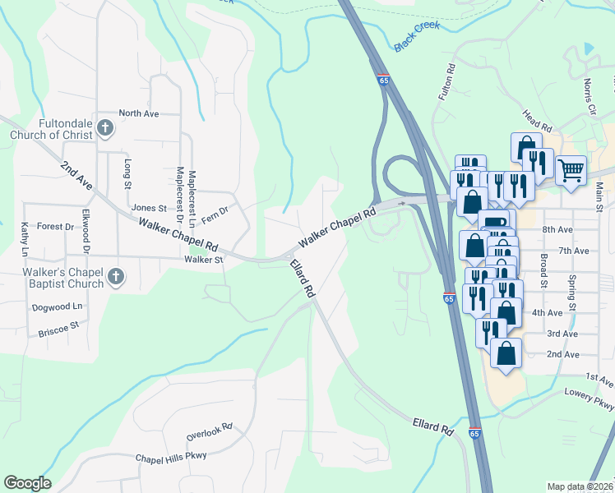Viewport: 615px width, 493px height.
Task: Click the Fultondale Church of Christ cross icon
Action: pyautogui.click(x=104, y=127)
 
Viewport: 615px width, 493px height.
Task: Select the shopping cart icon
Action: pyautogui.click(x=571, y=171)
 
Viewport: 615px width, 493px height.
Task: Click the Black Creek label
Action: pyautogui.click(x=417, y=37)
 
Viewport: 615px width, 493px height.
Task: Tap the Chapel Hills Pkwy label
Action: pyautogui.click(x=171, y=457)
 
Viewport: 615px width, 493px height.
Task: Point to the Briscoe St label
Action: pyautogui.click(x=58, y=325)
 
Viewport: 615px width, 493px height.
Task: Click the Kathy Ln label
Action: pyautogui.click(x=25, y=237)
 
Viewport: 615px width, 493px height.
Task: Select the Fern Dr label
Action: pyautogui.click(x=215, y=212)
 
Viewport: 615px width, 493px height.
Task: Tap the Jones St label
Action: pyautogui.click(x=149, y=209)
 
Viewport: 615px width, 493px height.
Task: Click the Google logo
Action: pyautogui.click(x=27, y=483)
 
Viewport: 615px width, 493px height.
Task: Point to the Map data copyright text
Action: pyautogui.click(x=580, y=486)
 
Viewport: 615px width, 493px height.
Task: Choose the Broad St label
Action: pyautogui.click(x=544, y=270)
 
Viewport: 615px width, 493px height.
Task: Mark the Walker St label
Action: pyautogui.click(x=204, y=260)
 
